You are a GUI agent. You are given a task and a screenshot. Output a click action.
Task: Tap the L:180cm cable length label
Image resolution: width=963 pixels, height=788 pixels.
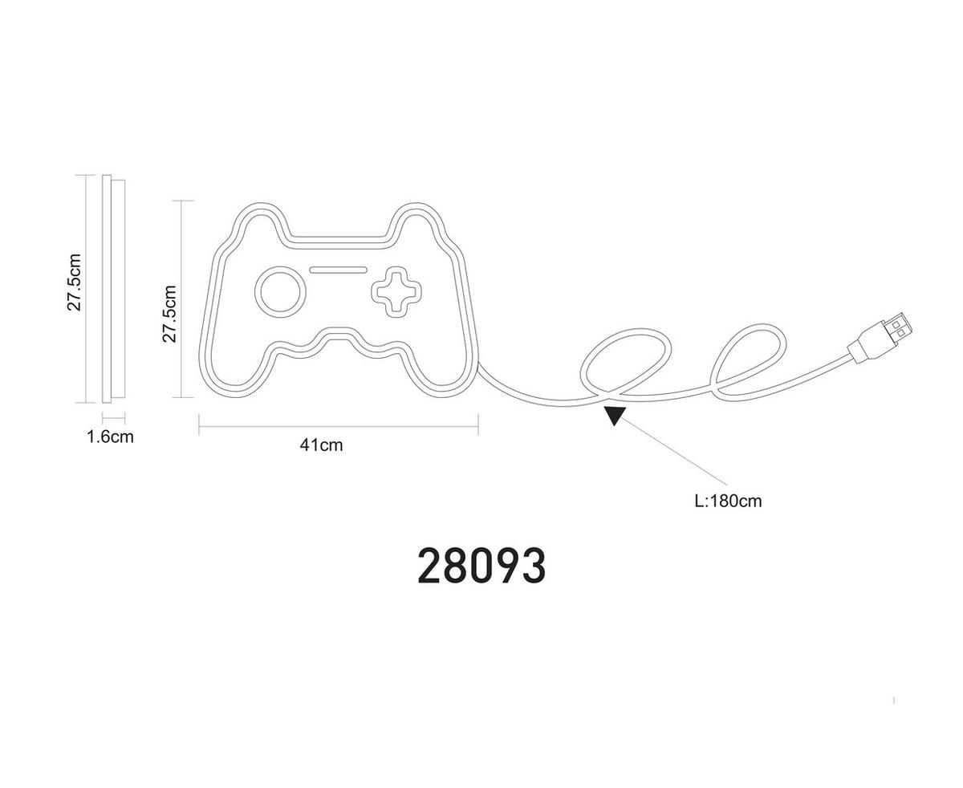[x=728, y=501]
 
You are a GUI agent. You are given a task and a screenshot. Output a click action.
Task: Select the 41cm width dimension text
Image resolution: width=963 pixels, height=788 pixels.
[x=321, y=445]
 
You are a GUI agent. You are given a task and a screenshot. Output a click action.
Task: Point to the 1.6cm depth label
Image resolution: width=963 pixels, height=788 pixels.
[x=110, y=437]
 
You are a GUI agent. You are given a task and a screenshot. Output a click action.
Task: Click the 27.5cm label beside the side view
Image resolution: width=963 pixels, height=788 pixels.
[x=74, y=282]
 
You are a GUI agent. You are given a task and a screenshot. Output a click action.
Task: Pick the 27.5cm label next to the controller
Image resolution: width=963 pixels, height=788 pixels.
[x=169, y=314]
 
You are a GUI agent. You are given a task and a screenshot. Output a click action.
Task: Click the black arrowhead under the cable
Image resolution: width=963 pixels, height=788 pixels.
[x=614, y=415]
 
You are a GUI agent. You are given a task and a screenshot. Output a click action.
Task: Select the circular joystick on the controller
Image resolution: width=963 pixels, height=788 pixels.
[x=280, y=292]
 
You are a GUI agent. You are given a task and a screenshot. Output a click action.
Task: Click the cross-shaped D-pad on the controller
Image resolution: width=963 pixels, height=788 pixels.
[x=396, y=292]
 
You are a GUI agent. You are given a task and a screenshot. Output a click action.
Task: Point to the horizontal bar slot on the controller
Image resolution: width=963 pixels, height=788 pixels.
[x=338, y=270]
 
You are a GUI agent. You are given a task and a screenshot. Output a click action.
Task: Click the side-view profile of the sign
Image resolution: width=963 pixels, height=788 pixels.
[x=113, y=289]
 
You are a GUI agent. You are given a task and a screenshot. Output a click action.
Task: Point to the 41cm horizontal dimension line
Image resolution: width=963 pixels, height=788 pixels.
[x=339, y=426]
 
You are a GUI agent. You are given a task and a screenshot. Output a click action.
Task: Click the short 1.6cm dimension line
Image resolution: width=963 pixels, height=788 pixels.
[x=113, y=416]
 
